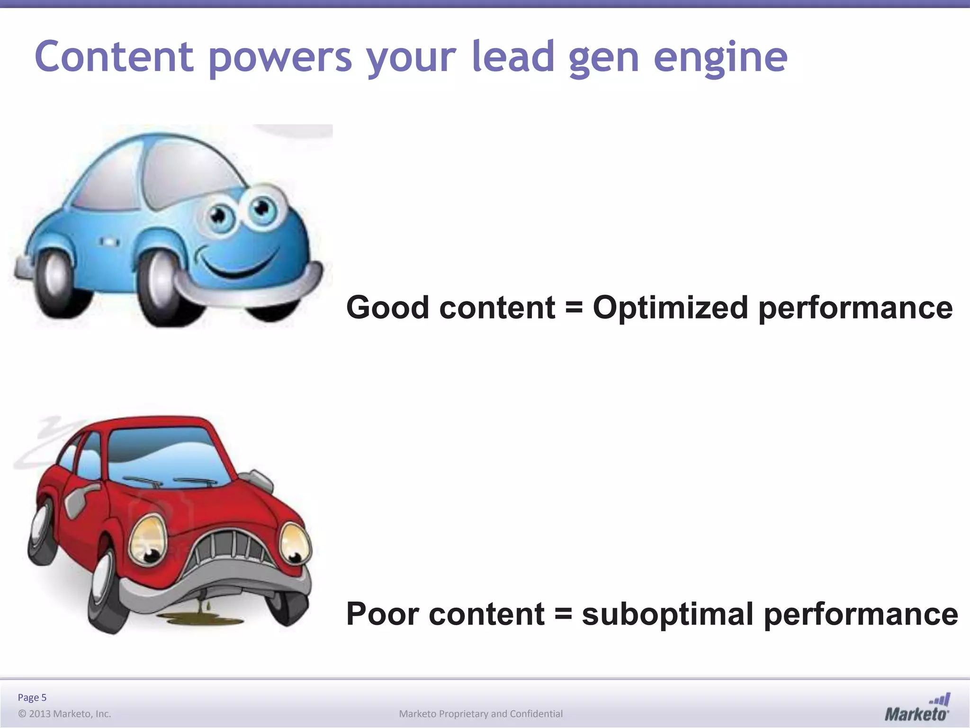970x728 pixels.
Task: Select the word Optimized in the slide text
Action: [670, 308]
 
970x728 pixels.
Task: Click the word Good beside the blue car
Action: [387, 308]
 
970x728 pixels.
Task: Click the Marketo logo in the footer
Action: [917, 708]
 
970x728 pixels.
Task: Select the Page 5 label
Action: [32, 697]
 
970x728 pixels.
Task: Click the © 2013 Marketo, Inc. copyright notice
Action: [64, 714]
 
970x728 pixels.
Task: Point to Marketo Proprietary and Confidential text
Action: [481, 714]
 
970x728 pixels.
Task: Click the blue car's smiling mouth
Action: [237, 268]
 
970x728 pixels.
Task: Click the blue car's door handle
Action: [108, 242]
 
